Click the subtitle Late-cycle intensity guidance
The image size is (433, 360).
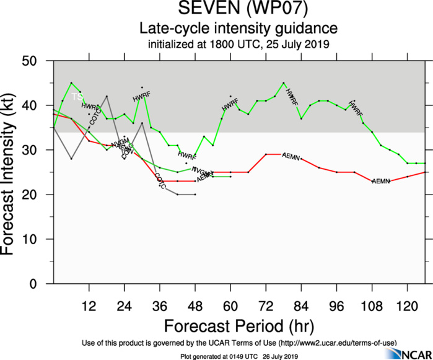(x=238, y=29)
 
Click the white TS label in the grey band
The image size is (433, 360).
(x=77, y=97)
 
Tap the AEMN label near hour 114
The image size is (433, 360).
(x=380, y=181)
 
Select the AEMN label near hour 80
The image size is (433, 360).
(x=291, y=155)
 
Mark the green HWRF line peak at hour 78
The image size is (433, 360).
(x=284, y=82)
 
